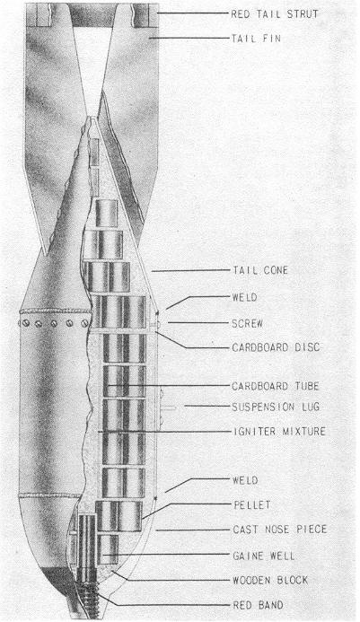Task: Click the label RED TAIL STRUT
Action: tap(275, 13)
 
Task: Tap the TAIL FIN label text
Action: tap(256, 39)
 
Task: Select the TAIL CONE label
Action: tap(260, 270)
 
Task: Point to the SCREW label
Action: tap(247, 323)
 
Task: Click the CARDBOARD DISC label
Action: tap(276, 347)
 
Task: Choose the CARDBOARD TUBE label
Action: tap(276, 386)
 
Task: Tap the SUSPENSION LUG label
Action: tap(276, 407)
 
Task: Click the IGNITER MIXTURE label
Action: tap(279, 431)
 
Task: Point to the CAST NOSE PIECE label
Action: tap(280, 530)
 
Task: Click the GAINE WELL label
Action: tap(264, 556)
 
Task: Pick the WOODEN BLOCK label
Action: tap(270, 580)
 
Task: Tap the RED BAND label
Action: tap(258, 605)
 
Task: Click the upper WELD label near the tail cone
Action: tap(244, 297)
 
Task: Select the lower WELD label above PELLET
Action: tap(245, 480)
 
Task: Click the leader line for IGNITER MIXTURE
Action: tap(163, 431)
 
